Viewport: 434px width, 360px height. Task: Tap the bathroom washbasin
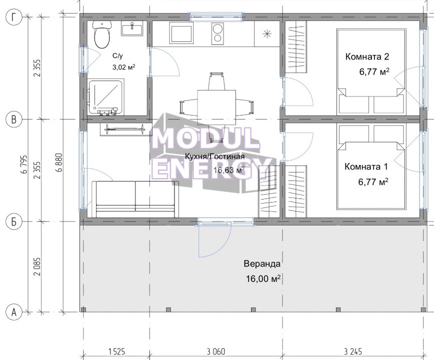132,29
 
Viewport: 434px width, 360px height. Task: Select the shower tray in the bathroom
106,97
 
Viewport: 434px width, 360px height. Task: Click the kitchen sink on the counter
182,33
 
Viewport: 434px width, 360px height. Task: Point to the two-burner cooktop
217,33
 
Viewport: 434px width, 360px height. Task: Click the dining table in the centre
216,107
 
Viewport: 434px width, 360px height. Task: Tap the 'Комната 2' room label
367,56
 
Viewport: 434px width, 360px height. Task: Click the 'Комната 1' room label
366,166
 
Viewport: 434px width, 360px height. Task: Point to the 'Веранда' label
262,263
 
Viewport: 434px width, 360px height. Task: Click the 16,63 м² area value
229,169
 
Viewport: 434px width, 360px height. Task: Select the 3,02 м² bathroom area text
123,67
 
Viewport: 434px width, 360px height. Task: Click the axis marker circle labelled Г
13,17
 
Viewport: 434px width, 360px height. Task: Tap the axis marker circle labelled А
13,312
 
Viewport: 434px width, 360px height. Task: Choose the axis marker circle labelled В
13,119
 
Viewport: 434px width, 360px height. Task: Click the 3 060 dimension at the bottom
216,351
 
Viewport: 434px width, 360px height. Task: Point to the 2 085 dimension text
37,266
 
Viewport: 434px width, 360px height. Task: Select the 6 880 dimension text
59,162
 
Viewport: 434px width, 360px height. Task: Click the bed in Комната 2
371,71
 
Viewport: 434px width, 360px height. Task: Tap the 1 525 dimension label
116,351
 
